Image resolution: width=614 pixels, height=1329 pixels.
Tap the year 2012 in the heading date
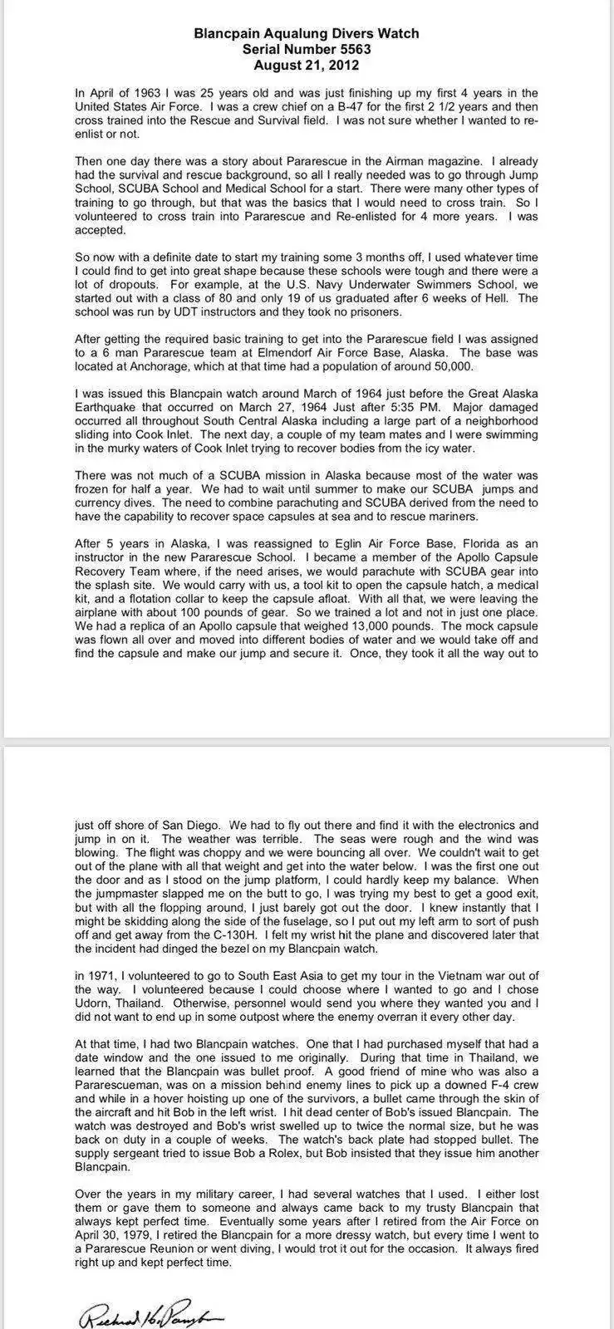342,65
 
